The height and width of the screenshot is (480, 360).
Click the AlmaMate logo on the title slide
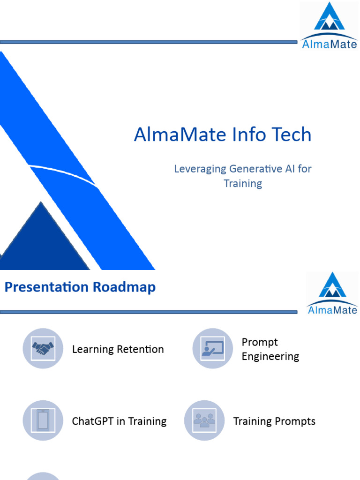click(x=329, y=25)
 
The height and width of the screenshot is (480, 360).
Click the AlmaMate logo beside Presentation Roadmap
click(x=332, y=293)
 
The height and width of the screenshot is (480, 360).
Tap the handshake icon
click(x=43, y=348)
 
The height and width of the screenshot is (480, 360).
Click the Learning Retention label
click(x=118, y=349)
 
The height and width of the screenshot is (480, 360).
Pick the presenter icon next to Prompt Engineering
click(x=213, y=348)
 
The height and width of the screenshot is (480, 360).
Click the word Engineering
click(x=270, y=356)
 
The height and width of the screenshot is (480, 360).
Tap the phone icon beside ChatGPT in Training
click(x=43, y=420)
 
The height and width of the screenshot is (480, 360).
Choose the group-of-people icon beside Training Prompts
click(x=204, y=420)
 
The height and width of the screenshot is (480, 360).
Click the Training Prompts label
click(x=274, y=421)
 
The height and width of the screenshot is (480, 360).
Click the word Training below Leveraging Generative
click(x=243, y=183)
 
